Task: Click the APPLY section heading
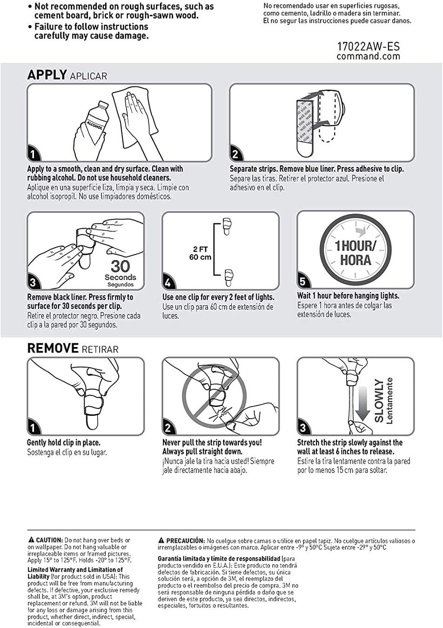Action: (x=47, y=75)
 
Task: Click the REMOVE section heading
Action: (x=53, y=348)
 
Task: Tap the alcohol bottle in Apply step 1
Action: (x=95, y=118)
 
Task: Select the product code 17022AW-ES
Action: (x=369, y=46)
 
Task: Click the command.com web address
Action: (x=369, y=56)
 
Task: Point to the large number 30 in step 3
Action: (x=121, y=266)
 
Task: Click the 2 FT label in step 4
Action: (x=200, y=249)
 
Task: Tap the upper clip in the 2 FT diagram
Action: (x=227, y=226)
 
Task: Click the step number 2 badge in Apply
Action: (x=236, y=154)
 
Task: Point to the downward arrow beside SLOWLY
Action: (x=363, y=404)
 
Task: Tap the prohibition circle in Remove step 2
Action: (x=214, y=400)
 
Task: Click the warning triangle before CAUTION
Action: (x=31, y=539)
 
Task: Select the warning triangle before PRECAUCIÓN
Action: (x=161, y=540)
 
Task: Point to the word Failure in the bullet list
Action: (x=49, y=27)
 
